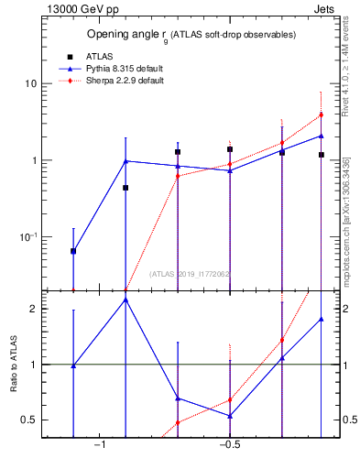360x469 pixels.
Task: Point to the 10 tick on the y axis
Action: pos(30,83)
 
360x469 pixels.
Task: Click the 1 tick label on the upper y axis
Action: pos(33,160)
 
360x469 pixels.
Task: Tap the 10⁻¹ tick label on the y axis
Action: pos(28,237)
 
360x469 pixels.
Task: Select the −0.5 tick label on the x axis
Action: pos(229,444)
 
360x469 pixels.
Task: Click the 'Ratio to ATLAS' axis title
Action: pos(12,365)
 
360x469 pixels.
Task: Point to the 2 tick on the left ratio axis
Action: pos(33,309)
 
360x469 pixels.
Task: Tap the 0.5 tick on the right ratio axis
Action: pos(350,420)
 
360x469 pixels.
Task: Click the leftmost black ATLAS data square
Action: pos(73,251)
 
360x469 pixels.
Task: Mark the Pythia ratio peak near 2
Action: pos(125,300)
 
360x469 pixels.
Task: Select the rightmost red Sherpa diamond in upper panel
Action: pos(322,115)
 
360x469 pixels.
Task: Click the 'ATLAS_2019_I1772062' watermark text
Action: pos(191,274)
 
